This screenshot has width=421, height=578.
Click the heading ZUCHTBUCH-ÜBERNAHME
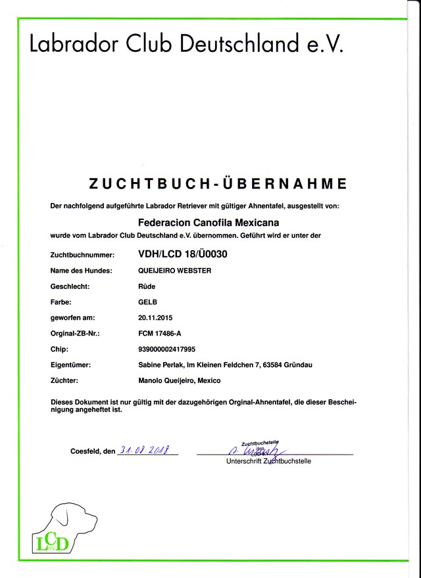216,182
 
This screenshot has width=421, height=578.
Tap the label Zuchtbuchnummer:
82,255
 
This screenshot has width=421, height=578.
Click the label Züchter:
66,381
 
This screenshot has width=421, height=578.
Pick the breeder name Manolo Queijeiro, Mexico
179,381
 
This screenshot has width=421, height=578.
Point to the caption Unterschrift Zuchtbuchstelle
268,461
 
